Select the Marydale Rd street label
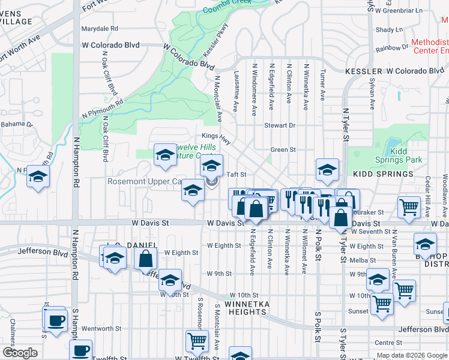(100, 28)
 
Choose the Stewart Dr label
(280, 125)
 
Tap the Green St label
(283, 150)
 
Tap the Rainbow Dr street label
(391, 48)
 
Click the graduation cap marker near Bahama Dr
(38, 176)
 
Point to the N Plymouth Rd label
(103, 106)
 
